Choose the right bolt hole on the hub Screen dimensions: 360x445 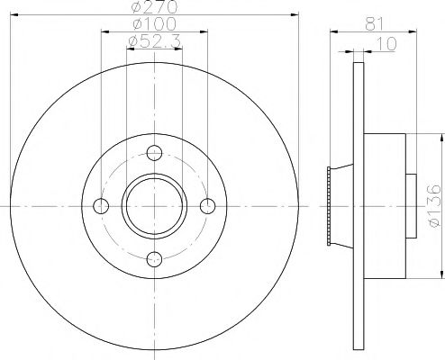tap(208, 205)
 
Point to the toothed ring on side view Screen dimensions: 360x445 tap(331, 205)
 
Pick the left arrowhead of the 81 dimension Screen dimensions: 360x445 tap(333, 32)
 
